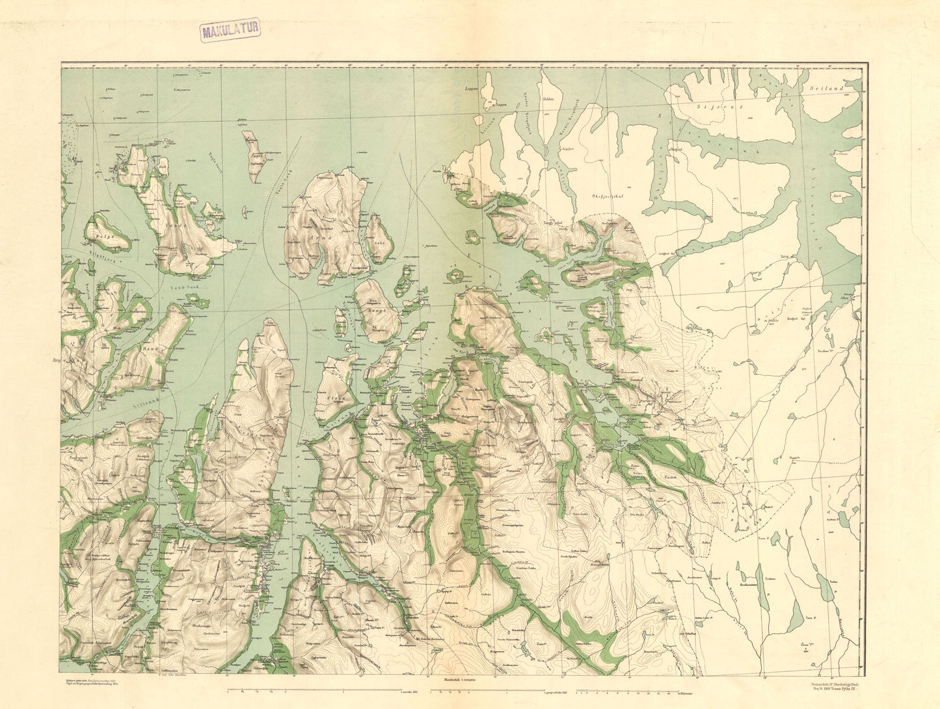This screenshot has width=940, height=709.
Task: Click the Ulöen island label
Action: pos(336,397)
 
